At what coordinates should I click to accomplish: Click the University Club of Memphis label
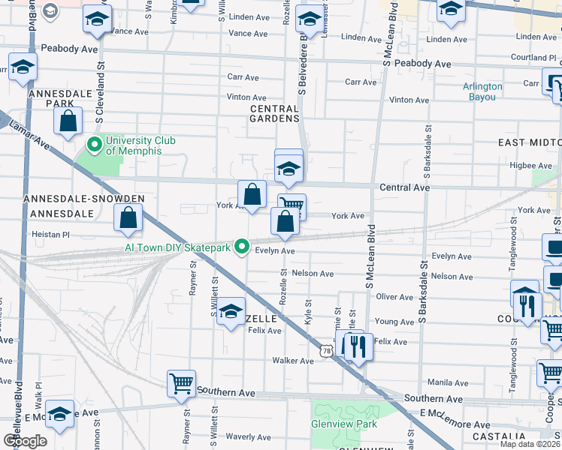[133, 145]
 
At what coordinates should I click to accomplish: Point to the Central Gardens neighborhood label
[274, 113]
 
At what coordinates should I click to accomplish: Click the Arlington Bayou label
[482, 91]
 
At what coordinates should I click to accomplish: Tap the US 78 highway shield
[325, 350]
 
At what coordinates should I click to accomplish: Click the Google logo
[25, 440]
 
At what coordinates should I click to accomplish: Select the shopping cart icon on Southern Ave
[181, 383]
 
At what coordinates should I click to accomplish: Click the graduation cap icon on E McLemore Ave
[60, 413]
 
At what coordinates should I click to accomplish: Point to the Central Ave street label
[406, 187]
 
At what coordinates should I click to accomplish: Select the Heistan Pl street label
[50, 235]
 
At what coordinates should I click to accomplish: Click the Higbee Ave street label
[531, 166]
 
